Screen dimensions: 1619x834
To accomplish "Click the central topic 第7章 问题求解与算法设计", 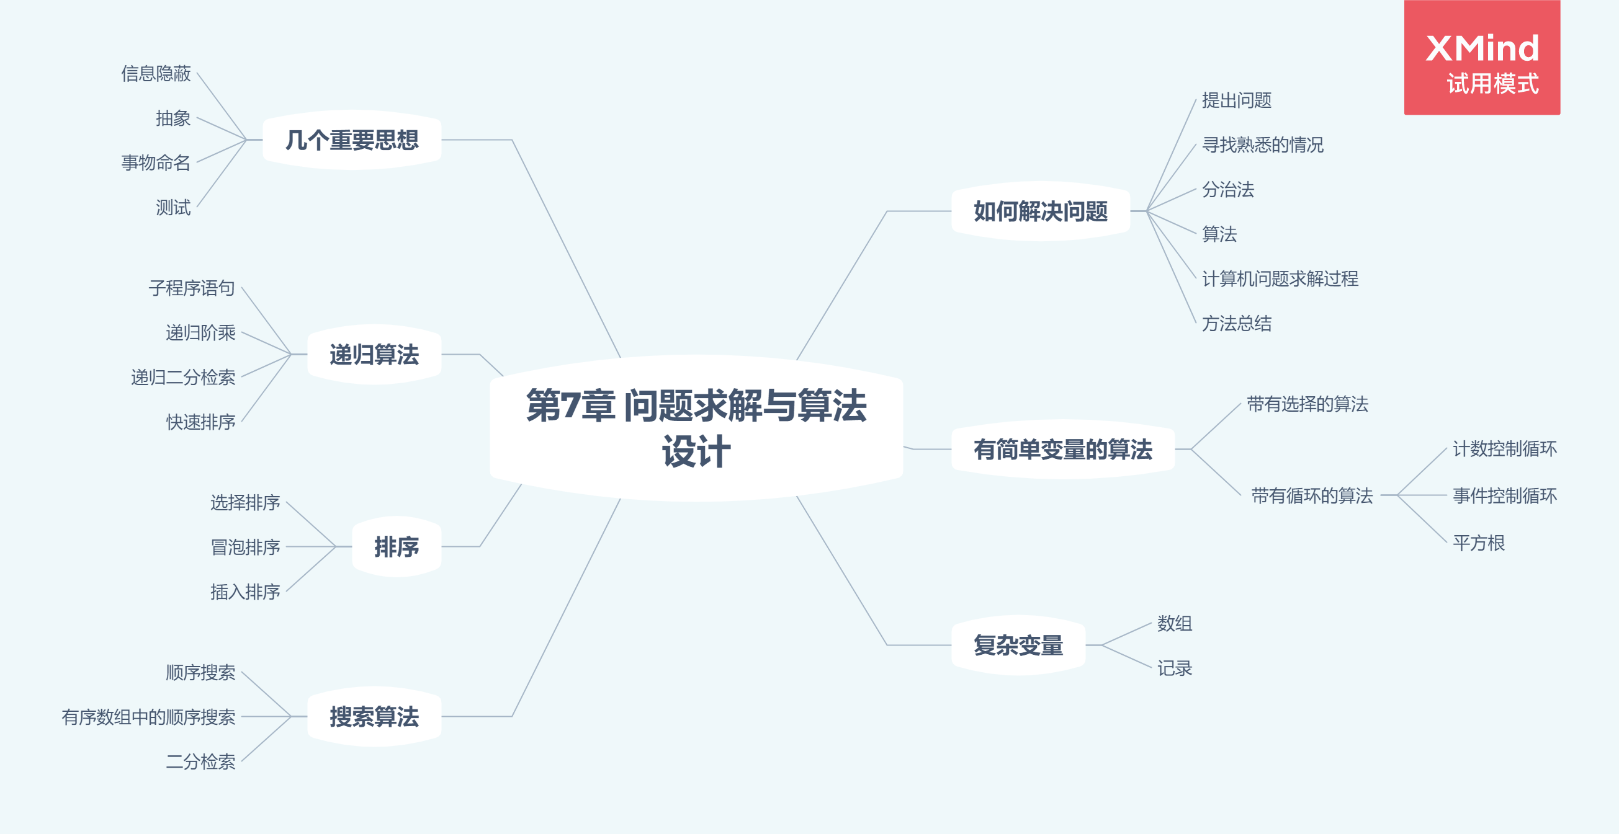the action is click(696, 428).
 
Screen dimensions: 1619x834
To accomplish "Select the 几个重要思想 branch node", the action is click(352, 140).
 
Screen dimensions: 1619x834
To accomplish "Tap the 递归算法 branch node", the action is click(374, 355).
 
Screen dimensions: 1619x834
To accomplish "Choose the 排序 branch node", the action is click(396, 547).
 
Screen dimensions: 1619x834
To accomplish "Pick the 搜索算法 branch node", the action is click(374, 717).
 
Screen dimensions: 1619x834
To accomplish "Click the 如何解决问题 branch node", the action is click(1041, 211).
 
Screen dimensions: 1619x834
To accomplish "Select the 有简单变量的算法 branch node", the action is click(1063, 450).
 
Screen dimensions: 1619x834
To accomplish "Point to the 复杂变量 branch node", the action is click(1018, 645).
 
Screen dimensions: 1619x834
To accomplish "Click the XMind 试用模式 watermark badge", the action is click(1482, 58).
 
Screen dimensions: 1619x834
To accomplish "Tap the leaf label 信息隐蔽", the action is click(156, 73).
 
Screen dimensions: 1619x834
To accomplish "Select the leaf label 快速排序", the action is click(200, 422).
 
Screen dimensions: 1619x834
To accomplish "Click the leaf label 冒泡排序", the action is click(245, 547).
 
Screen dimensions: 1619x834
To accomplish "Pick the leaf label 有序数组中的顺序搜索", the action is click(148, 717).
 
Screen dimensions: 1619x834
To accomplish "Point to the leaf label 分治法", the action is click(1228, 190).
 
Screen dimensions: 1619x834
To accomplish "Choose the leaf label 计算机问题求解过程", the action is click(1280, 279).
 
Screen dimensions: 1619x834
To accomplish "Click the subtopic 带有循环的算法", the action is click(1312, 496).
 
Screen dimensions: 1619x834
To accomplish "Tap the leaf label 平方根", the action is click(1479, 543).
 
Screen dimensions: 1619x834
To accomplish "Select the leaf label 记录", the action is click(1175, 668).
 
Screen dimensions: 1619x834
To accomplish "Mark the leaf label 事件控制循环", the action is click(1505, 496).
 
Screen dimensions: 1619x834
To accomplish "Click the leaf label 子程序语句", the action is click(192, 288).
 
